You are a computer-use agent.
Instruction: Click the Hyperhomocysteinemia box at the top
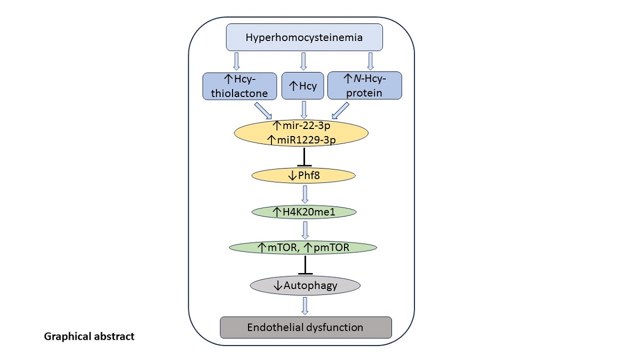point(304,37)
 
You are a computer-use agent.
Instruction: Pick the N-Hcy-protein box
point(364,86)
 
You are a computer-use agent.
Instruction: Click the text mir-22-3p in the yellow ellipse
point(304,126)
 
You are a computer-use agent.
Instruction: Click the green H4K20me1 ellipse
point(303,212)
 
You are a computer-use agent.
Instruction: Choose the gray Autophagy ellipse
point(305,285)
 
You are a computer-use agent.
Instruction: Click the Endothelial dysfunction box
point(306,327)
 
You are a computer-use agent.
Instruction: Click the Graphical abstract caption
point(90,337)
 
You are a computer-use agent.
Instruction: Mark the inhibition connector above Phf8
point(304,158)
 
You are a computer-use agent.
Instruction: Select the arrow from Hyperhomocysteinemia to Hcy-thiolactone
point(237,61)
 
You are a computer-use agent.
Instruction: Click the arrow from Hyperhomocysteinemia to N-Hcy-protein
point(370,61)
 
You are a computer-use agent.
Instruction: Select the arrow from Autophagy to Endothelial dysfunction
point(305,305)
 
